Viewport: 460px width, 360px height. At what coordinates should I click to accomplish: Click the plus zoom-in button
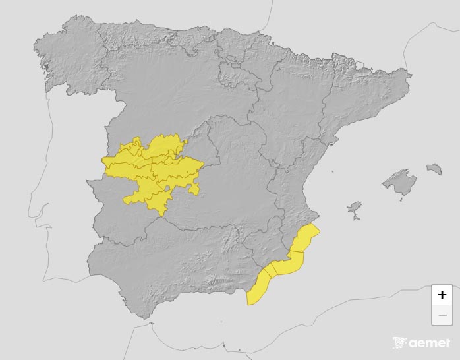pos(442,295)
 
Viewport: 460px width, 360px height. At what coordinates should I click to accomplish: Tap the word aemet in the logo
pos(429,343)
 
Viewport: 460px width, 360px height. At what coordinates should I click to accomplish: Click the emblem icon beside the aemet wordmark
pos(399,343)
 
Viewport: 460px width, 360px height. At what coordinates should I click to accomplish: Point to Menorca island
pos(434,169)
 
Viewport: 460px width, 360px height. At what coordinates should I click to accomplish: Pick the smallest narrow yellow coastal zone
pos(270,271)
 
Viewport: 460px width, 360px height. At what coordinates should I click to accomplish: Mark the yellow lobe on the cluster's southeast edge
pos(194,189)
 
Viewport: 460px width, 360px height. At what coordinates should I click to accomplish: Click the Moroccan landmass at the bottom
pos(198,340)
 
